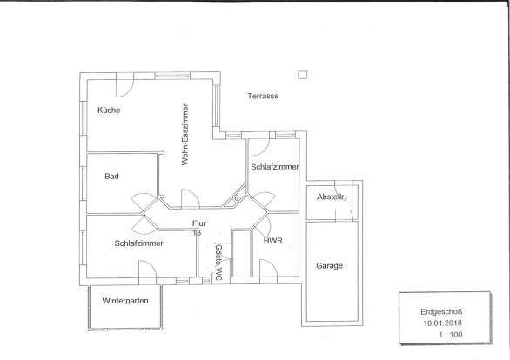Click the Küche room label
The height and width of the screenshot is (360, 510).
coord(109,110)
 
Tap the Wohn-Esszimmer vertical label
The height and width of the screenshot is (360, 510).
coord(185,135)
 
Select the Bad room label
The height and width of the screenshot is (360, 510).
coord(111,177)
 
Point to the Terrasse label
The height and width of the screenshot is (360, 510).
coord(263,96)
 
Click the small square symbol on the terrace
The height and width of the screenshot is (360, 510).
coord(303,75)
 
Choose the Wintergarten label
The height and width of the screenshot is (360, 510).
coord(125,301)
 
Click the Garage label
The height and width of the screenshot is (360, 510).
coord(330,266)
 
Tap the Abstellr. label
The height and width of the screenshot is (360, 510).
coord(332,197)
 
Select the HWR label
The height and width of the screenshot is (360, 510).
coord(273,241)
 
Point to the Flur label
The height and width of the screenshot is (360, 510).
coord(199,223)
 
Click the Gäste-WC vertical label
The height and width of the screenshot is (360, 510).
coord(218,263)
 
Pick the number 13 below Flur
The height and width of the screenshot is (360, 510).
coord(197,233)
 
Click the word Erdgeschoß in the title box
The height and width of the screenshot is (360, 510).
coord(441,312)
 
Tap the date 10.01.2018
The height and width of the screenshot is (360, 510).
coord(442,323)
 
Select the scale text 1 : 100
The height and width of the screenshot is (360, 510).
coord(451,335)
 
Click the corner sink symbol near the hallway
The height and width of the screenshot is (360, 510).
coord(236,198)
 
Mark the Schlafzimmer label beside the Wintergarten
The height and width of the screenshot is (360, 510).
coord(138,243)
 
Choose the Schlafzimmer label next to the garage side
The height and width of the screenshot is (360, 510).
coord(275,167)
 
